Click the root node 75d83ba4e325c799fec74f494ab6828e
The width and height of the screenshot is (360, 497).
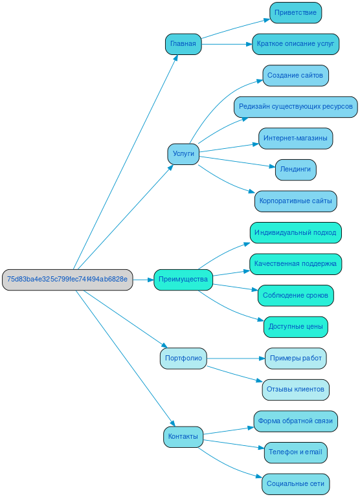tap(67, 280)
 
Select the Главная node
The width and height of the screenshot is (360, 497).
tap(183, 44)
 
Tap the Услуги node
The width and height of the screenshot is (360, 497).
tap(183, 154)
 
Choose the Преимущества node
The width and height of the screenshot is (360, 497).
tap(183, 280)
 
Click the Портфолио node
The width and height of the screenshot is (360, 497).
tap(183, 358)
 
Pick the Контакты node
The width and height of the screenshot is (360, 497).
tap(183, 437)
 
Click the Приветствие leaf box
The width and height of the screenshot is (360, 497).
tap(295, 12)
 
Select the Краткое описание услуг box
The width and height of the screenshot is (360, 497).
tap(295, 44)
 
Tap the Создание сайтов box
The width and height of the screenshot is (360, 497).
tap(295, 75)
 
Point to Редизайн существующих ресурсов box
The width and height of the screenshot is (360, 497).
tap(295, 107)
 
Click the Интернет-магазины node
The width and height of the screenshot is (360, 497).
tap(295, 138)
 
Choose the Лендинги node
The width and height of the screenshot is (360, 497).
tap(295, 170)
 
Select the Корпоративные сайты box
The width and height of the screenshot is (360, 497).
tap(295, 201)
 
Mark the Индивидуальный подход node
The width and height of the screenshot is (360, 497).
tap(295, 232)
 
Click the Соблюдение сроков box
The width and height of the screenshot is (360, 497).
tap(295, 296)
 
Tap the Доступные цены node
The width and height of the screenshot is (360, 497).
tap(295, 327)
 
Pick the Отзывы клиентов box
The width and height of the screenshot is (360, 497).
tap(295, 390)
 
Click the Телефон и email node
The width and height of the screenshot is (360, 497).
tap(295, 452)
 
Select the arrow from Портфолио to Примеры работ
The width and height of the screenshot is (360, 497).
tap(236, 358)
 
